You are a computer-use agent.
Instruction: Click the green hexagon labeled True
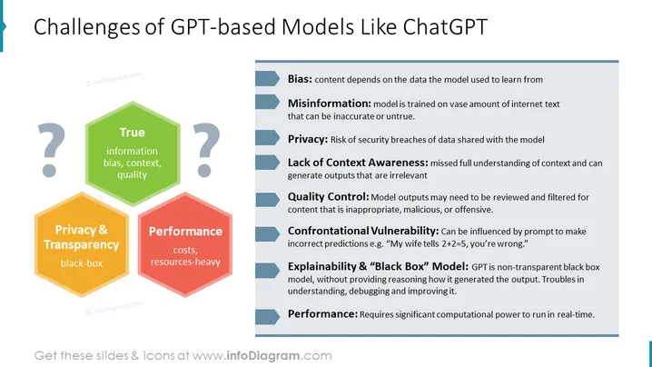click(133, 154)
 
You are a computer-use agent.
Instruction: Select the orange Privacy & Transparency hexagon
click(82, 244)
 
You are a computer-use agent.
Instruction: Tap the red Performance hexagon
click(185, 244)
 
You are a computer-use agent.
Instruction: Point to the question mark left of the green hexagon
click(51, 150)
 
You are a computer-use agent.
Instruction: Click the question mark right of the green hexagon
click(206, 150)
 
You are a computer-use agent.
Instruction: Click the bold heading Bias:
click(300, 79)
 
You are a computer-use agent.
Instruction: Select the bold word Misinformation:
click(330, 104)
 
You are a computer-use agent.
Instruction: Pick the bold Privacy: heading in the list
click(308, 139)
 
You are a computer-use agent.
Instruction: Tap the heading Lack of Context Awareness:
click(358, 163)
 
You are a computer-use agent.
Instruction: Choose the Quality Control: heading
click(328, 196)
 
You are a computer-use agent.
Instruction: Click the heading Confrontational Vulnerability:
click(363, 231)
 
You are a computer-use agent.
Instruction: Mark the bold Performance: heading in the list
click(322, 313)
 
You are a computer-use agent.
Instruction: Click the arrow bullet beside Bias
click(267, 79)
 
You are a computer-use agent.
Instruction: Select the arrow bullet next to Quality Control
click(267, 200)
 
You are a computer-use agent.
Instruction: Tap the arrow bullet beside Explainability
click(267, 271)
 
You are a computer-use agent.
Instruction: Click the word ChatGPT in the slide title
click(445, 27)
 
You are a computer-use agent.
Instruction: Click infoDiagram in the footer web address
click(262, 356)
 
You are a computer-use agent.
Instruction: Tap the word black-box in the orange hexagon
click(82, 263)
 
